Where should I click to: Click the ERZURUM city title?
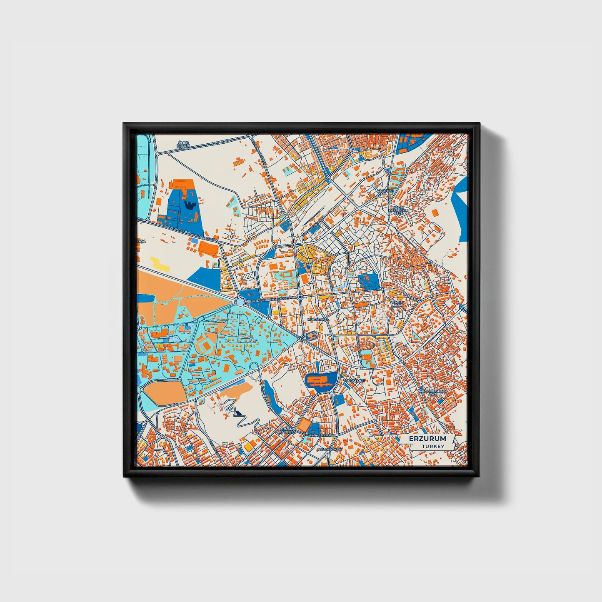tap(427, 439)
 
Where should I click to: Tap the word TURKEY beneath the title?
tap(433, 446)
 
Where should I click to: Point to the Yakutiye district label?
tap(385, 190)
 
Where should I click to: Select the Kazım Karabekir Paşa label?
tap(397, 210)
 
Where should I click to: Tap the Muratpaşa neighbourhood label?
tap(318, 319)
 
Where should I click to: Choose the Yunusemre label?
tap(354, 381)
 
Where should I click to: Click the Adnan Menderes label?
tap(287, 430)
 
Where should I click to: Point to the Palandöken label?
tap(329, 450)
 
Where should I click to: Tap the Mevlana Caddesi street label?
tap(318, 435)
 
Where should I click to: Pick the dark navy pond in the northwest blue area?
tap(190, 204)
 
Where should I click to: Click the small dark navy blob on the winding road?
tap(238, 413)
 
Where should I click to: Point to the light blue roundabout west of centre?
tap(240, 301)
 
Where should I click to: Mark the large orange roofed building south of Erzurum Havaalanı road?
tap(208, 248)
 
